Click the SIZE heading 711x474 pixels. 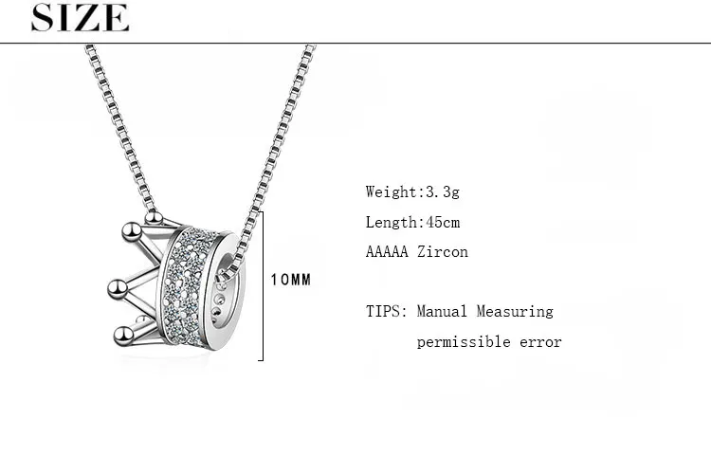[80, 18]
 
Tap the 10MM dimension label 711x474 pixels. [291, 280]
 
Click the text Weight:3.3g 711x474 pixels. [412, 191]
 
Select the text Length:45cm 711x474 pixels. [412, 222]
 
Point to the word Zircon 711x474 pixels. [443, 252]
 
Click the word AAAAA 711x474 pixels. [387, 252]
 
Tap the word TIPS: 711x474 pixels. [387, 311]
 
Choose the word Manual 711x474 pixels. [442, 311]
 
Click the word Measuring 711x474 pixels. [515, 312]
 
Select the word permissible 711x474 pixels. [464, 342]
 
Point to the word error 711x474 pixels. [540, 342]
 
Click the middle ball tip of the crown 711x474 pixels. [118, 288]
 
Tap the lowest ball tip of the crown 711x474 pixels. [123, 337]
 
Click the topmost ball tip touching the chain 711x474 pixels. [154, 218]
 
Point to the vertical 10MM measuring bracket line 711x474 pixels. [263, 286]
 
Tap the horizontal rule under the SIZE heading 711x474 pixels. [355, 43]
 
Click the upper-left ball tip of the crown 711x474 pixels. [132, 231]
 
